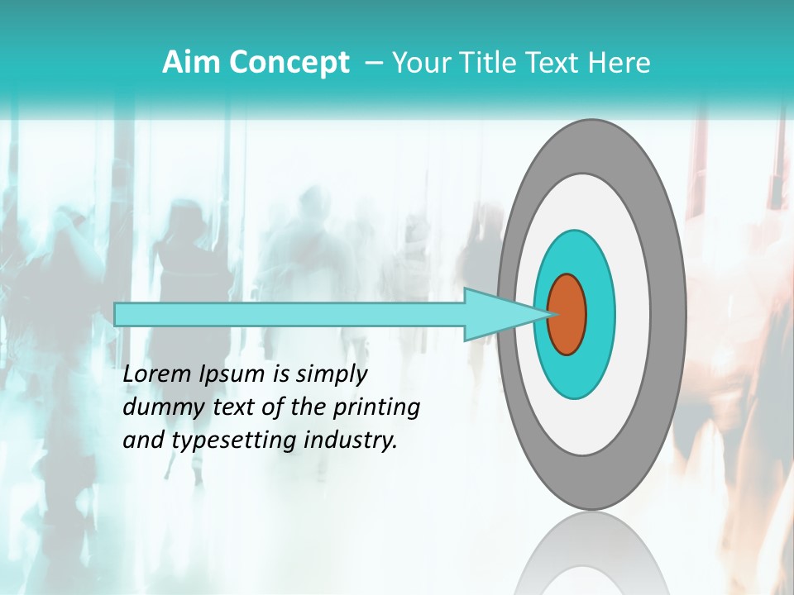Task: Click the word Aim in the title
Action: (x=191, y=63)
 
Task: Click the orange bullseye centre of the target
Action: (x=567, y=315)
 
